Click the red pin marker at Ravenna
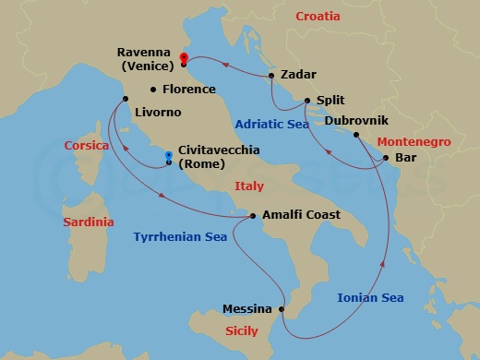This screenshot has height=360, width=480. (184, 58)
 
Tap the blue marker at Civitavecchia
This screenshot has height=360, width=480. (168, 156)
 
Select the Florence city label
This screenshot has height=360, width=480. (188, 90)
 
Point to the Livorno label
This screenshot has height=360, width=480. (158, 113)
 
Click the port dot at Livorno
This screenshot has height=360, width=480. (126, 99)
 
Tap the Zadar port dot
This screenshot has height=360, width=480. (270, 76)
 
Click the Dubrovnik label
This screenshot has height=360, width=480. (356, 121)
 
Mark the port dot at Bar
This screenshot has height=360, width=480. (385, 158)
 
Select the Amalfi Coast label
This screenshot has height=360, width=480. (301, 215)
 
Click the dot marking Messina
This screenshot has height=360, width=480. (282, 309)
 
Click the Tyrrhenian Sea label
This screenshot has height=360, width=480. (179, 237)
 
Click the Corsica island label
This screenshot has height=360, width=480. (87, 146)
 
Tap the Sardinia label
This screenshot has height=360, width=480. (88, 222)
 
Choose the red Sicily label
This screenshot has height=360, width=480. (245, 330)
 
